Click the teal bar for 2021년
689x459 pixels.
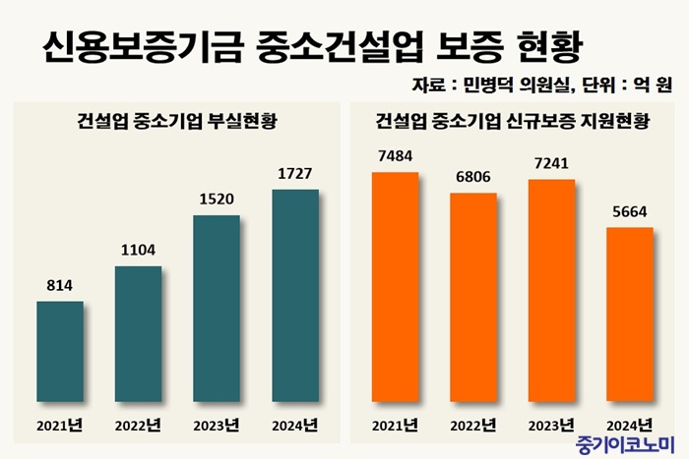click(60, 352)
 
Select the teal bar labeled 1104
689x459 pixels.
click(138, 334)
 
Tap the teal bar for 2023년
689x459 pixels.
click(217, 309)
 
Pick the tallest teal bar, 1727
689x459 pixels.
click(295, 296)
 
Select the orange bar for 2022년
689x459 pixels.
click(473, 299)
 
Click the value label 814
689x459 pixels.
click(60, 286)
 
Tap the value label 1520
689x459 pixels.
click(217, 199)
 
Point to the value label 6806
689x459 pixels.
click(473, 178)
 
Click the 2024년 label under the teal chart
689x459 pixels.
click(295, 426)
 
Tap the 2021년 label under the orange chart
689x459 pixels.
click(395, 426)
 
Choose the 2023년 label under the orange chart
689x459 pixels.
click(551, 426)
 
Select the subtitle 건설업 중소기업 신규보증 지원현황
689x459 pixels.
click(513, 123)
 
